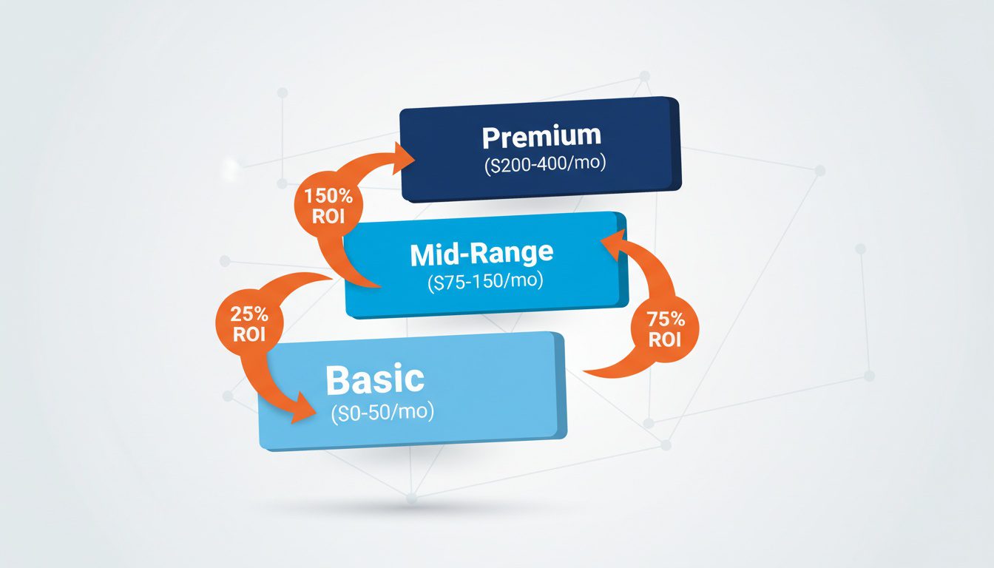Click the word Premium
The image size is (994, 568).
coord(541,137)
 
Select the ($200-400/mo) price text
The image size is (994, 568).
coord(545,164)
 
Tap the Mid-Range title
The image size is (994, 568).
coord(481,254)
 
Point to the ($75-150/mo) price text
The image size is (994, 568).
coord(484,282)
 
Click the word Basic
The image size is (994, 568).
coord(375,379)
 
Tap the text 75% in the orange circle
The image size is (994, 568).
coord(666,320)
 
